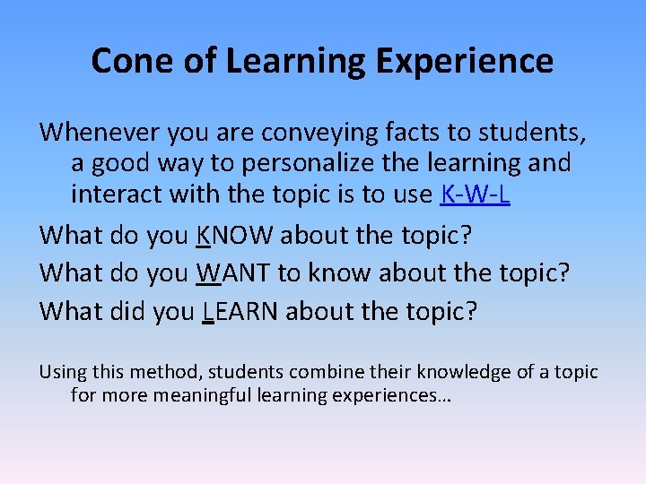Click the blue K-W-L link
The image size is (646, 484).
click(x=476, y=194)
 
